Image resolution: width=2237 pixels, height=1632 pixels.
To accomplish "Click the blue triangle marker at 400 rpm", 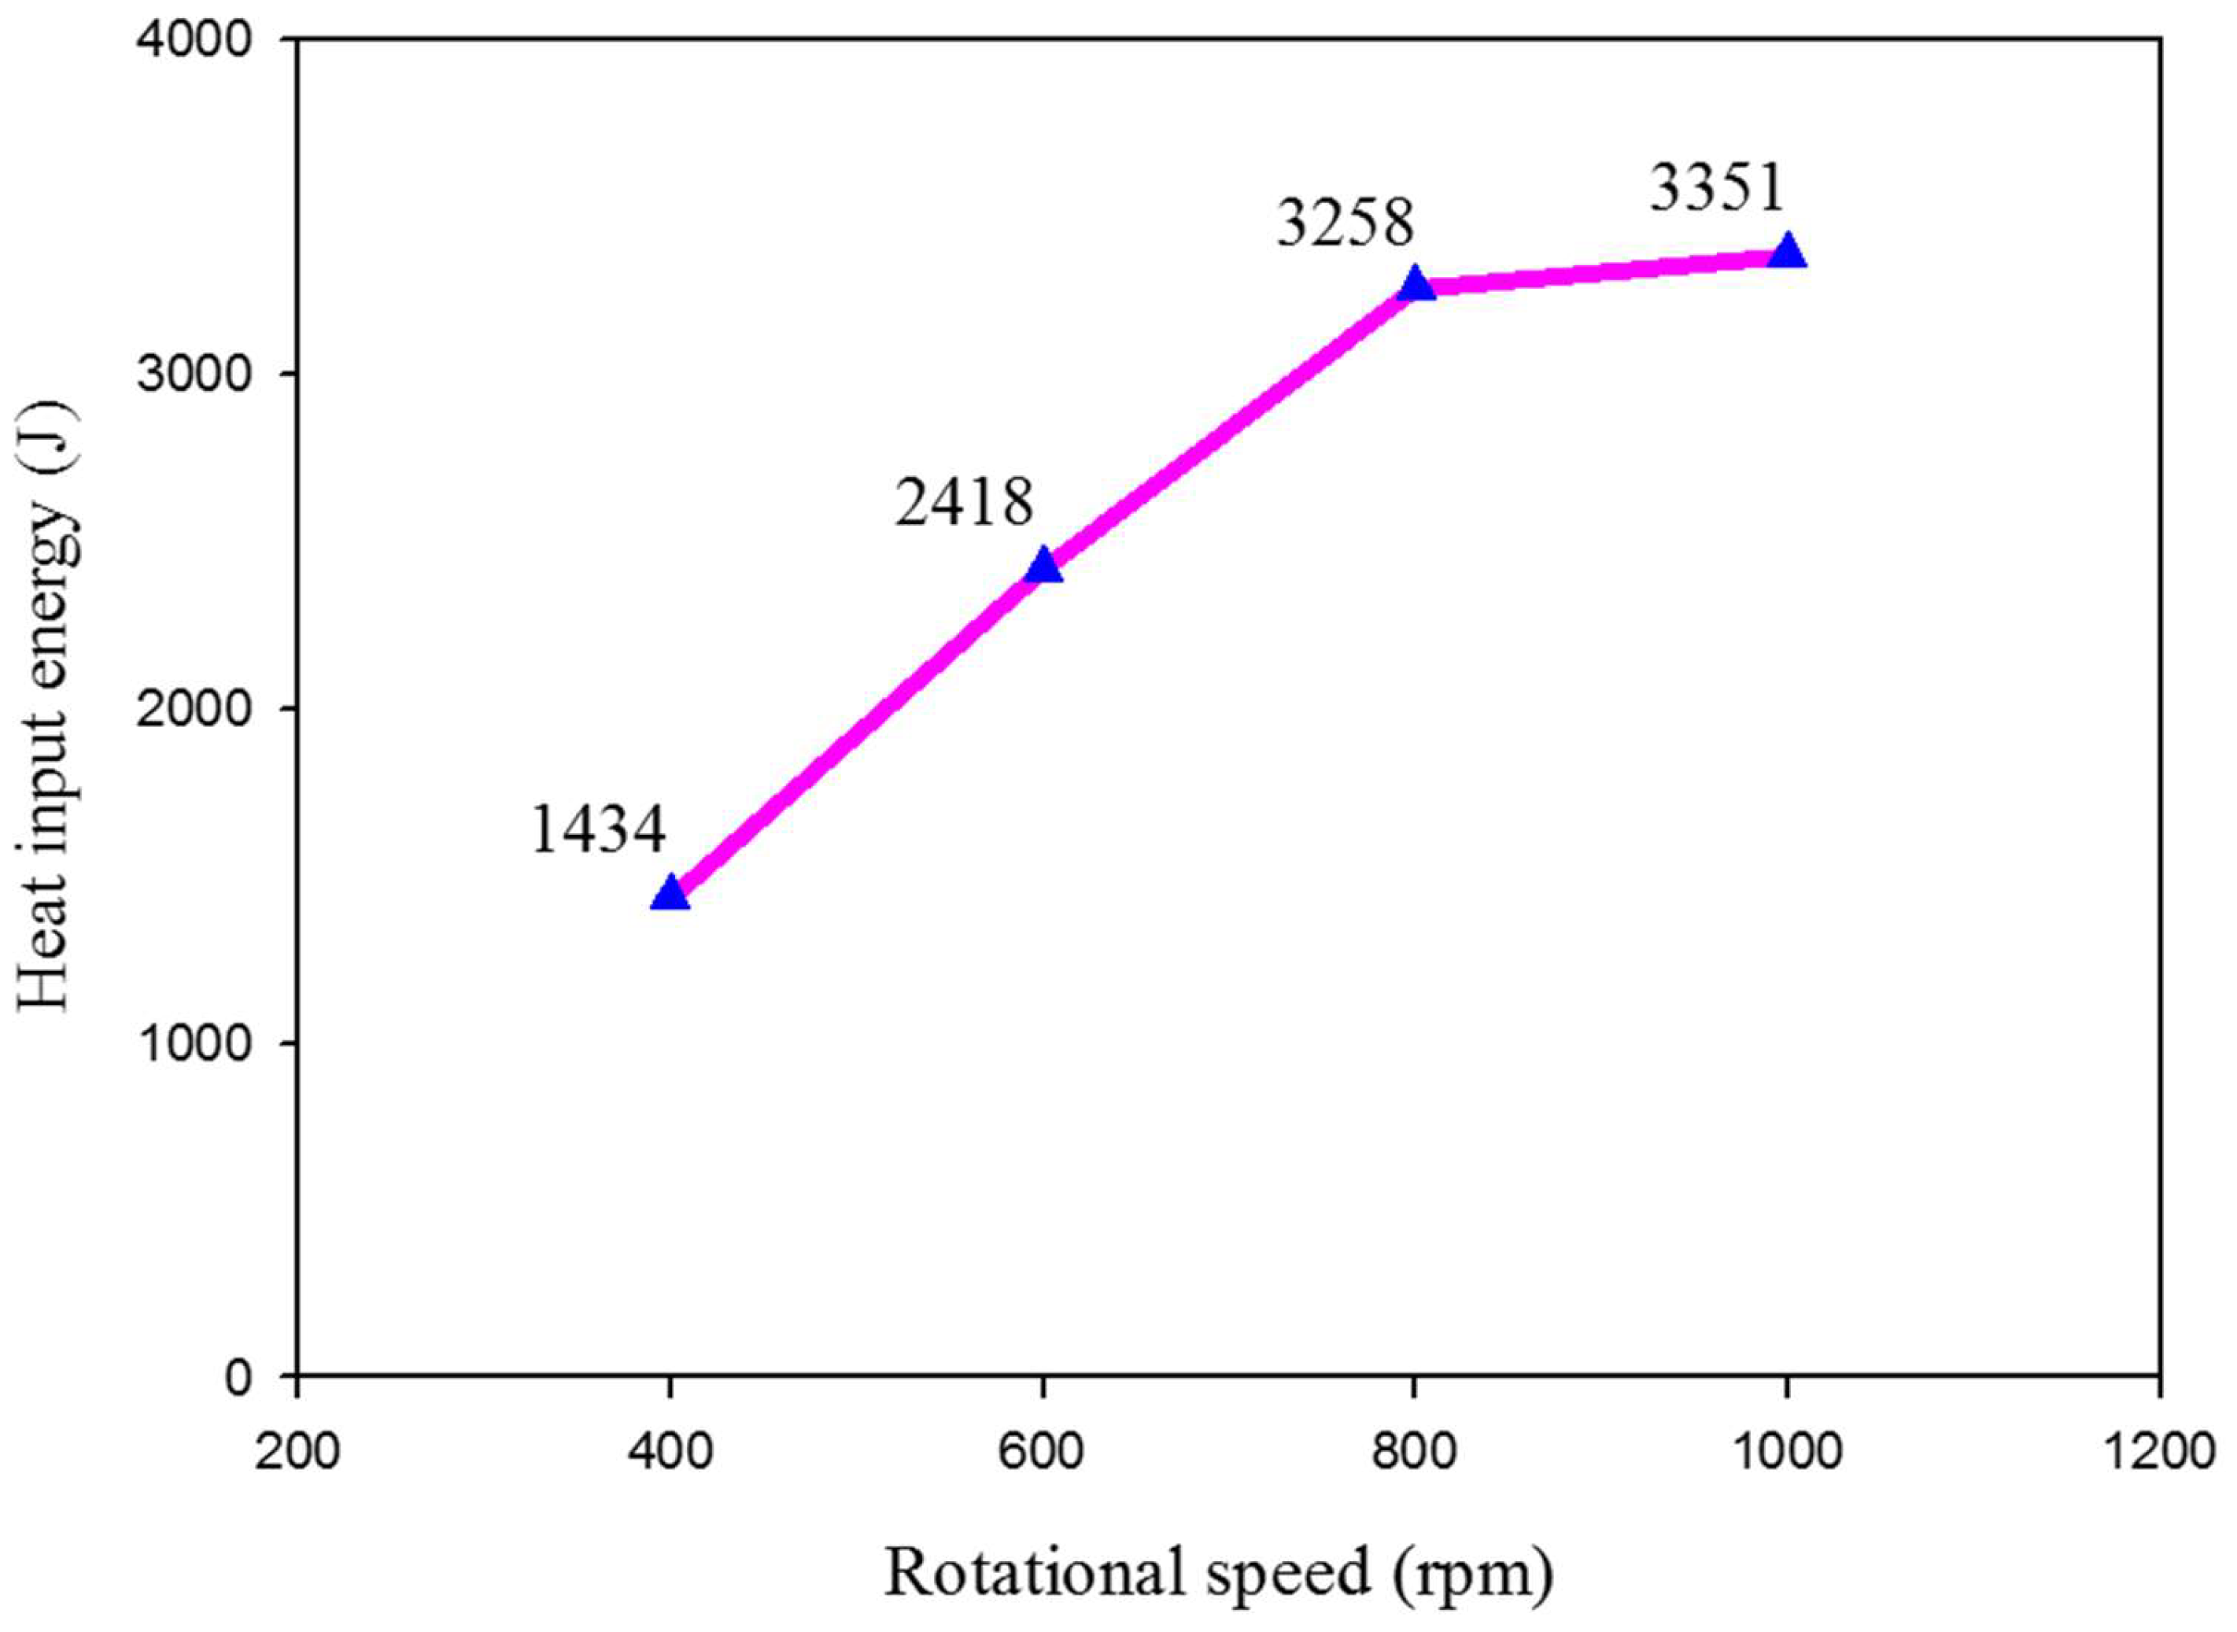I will (x=670, y=894).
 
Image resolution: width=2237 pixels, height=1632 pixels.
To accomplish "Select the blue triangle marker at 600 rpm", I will (x=1043, y=566).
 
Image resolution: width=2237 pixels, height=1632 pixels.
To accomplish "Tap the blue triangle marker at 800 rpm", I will (x=1416, y=285).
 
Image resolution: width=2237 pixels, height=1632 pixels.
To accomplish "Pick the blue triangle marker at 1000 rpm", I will (x=1788, y=253).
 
